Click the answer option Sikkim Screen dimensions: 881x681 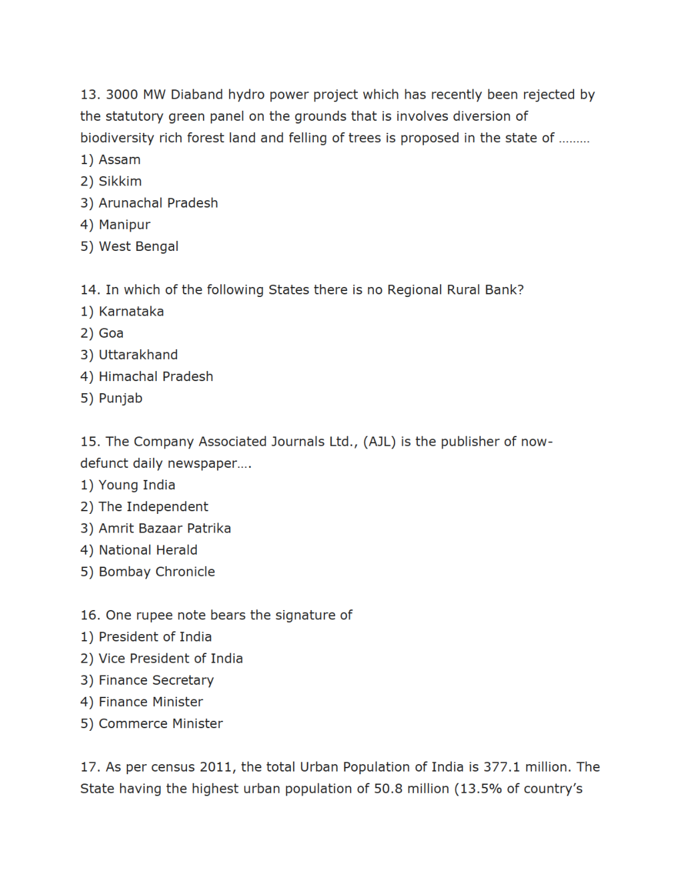pyautogui.click(x=120, y=182)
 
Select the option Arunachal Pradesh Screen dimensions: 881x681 pyautogui.click(x=158, y=203)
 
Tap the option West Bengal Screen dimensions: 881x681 pyautogui.click(x=138, y=246)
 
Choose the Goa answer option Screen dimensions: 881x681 pyautogui.click(x=111, y=333)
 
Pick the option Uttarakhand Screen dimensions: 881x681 pyautogui.click(x=138, y=355)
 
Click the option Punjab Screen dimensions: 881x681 pyautogui.click(x=120, y=398)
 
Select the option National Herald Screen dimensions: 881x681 pyautogui.click(x=148, y=550)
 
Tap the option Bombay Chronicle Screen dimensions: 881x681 pyautogui.click(x=157, y=572)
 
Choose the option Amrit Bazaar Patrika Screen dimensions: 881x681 pyautogui.click(x=165, y=529)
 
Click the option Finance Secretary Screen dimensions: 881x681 pyautogui.click(x=156, y=680)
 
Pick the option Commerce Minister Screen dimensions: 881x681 pyautogui.click(x=160, y=723)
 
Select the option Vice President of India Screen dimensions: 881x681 pyautogui.click(x=170, y=659)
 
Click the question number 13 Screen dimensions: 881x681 pyautogui.click(x=90, y=95)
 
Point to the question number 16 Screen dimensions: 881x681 pyautogui.click(x=90, y=615)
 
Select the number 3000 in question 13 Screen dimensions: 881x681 pyautogui.click(x=122, y=95)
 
